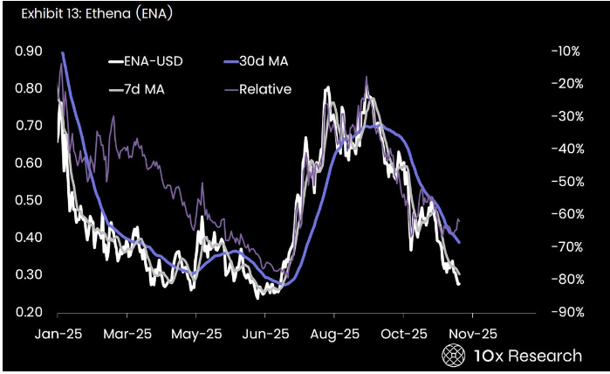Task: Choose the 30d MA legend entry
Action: [x=261, y=62]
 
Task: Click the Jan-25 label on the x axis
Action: [x=58, y=334]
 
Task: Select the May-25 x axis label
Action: [x=195, y=334]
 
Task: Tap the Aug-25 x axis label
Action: [x=334, y=334]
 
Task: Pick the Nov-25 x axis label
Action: [x=473, y=334]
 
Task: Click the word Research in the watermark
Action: [x=545, y=356]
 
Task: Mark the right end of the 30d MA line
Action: [x=460, y=242]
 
